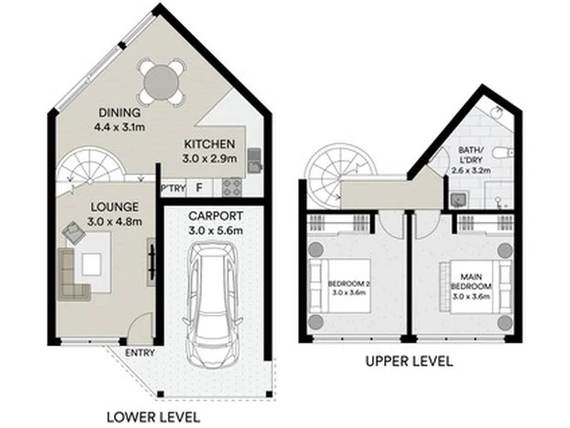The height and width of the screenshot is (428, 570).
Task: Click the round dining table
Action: pyautogui.click(x=161, y=82)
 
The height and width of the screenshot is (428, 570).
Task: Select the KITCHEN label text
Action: pyautogui.click(x=209, y=144)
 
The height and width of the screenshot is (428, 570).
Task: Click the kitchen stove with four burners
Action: pyautogui.click(x=232, y=187)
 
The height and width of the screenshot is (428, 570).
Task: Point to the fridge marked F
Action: pyautogui.click(x=199, y=188)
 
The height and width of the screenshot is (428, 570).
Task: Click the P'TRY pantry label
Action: pyautogui.click(x=173, y=189)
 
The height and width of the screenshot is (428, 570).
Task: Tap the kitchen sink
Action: pyautogui.click(x=254, y=160)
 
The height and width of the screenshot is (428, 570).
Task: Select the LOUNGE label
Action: pyautogui.click(x=115, y=207)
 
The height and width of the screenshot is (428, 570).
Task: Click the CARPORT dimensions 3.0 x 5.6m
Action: pyautogui.click(x=215, y=231)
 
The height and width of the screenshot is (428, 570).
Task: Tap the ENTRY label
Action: pyautogui.click(x=140, y=353)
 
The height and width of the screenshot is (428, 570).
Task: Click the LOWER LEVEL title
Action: pyautogui.click(x=154, y=417)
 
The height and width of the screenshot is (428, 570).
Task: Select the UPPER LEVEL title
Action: pyautogui.click(x=409, y=361)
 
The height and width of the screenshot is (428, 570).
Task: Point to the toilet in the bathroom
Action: pyautogui.click(x=504, y=153)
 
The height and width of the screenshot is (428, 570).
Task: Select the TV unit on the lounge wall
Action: pyautogui.click(x=151, y=262)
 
